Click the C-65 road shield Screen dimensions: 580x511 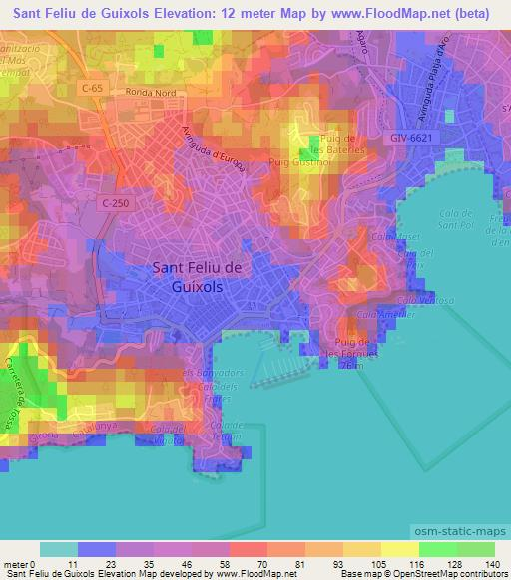[92, 88]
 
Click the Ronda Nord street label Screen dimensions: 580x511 [149, 91]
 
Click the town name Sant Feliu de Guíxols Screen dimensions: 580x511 [203, 275]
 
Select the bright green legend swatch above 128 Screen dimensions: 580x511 [437, 549]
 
